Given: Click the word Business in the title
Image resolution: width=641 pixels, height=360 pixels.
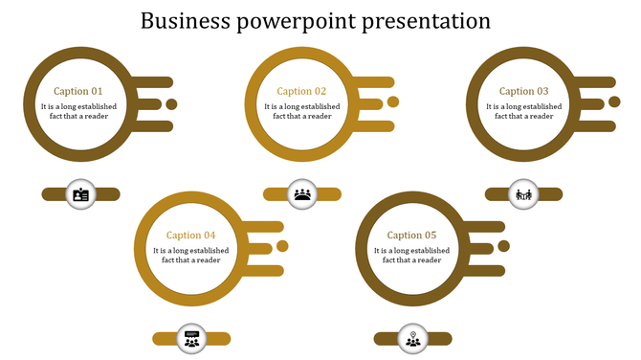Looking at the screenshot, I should click(x=179, y=20).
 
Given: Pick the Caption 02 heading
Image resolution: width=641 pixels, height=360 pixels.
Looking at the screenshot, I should click(x=301, y=92).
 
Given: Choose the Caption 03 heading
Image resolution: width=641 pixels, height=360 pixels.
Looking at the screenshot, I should click(x=524, y=92).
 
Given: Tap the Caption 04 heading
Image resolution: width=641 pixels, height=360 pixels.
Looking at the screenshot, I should click(x=190, y=236).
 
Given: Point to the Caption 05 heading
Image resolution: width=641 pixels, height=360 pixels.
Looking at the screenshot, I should click(x=412, y=236).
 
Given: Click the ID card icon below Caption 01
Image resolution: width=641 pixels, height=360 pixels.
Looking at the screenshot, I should click(x=80, y=194).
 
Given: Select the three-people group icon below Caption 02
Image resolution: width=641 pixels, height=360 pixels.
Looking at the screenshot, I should click(x=302, y=194).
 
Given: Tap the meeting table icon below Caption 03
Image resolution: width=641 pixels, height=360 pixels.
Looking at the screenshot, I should click(x=524, y=194).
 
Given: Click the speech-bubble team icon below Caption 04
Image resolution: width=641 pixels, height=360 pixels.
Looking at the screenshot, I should click(x=191, y=338).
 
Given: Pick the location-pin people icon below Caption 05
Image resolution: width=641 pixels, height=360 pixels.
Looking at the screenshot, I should click(x=413, y=338).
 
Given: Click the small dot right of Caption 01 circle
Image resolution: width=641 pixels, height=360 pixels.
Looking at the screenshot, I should click(x=171, y=104).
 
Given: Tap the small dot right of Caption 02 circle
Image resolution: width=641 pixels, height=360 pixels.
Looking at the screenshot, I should click(x=393, y=102).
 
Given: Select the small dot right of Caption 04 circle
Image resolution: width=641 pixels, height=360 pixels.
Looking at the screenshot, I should click(x=282, y=246).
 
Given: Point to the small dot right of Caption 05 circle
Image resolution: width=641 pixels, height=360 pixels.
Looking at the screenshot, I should click(x=504, y=246).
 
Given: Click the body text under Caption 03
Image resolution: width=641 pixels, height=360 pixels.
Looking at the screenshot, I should click(x=524, y=111).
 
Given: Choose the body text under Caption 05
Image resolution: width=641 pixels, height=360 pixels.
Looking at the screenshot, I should click(x=412, y=255).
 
